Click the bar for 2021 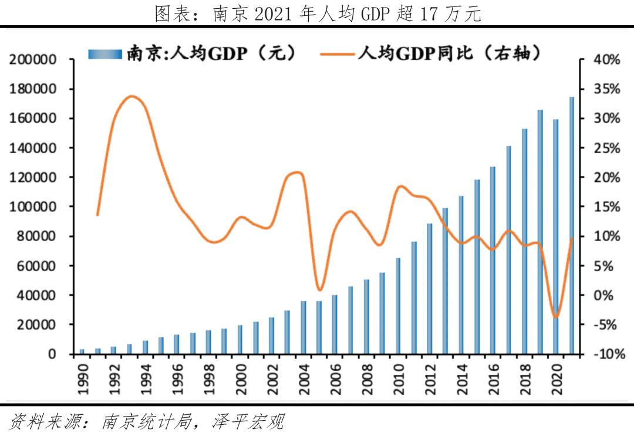coord(572,225)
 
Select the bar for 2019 coord(540,232)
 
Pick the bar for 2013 coord(445,281)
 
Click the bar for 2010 coord(398,306)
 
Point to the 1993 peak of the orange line coord(131,96)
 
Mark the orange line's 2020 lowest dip coord(555,317)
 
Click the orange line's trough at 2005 coord(319,290)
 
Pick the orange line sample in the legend coord(337,54)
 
